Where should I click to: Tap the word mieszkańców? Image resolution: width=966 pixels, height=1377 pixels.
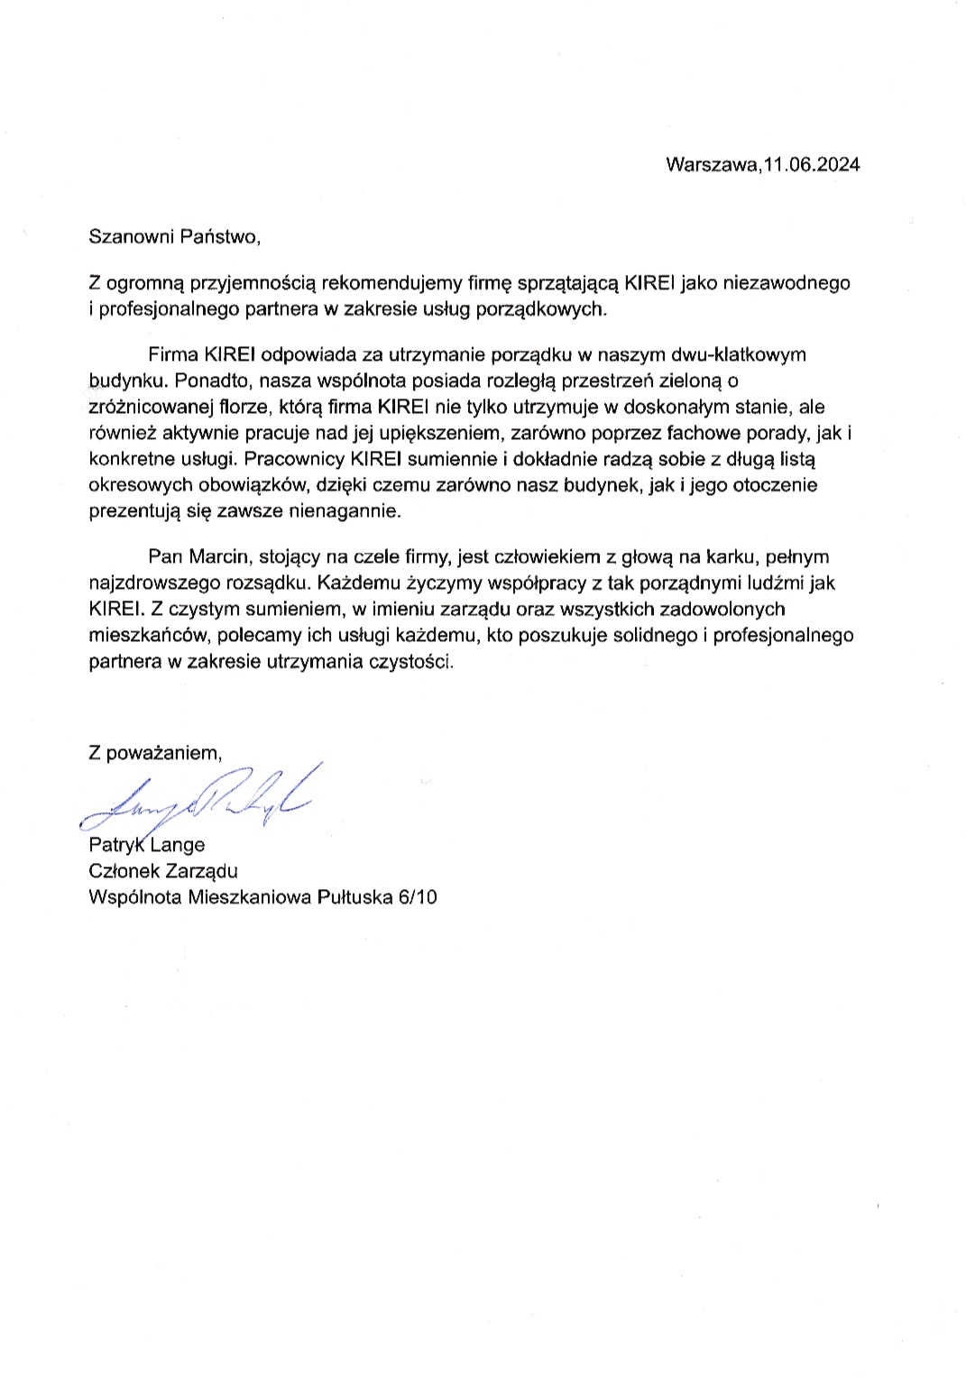tap(145, 636)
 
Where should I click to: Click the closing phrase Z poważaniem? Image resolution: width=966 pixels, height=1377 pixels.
tap(154, 753)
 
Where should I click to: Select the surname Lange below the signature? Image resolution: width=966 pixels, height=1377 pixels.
tap(179, 845)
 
